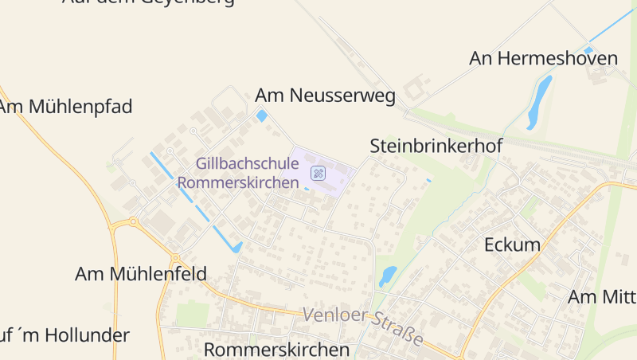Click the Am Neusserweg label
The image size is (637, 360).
pyautogui.click(x=325, y=96)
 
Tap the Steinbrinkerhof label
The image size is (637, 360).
pyautogui.click(x=428, y=147)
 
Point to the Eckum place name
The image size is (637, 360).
pyautogui.click(x=512, y=245)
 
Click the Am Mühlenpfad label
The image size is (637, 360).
pyautogui.click(x=65, y=107)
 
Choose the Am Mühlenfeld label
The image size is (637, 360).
pyautogui.click(x=140, y=274)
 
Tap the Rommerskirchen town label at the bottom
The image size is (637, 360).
pyautogui.click(x=276, y=350)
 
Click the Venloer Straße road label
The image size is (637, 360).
pyautogui.click(x=363, y=325)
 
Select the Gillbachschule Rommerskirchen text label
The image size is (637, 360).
pyautogui.click(x=248, y=172)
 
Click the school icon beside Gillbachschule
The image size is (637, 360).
pyautogui.click(x=318, y=172)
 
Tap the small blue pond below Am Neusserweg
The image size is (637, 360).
pyautogui.click(x=262, y=116)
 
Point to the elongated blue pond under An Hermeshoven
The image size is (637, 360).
pyautogui.click(x=539, y=101)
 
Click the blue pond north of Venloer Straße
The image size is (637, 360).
pyautogui.click(x=388, y=276)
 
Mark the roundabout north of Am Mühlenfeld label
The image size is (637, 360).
pyautogui.click(x=175, y=258)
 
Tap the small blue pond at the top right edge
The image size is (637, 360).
pyautogui.click(x=588, y=50)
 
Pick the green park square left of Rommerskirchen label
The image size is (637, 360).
pyautogui.click(x=192, y=313)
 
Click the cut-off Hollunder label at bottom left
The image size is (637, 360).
pyautogui.click(x=64, y=335)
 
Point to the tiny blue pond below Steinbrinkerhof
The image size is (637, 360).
pyautogui.click(x=428, y=180)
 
